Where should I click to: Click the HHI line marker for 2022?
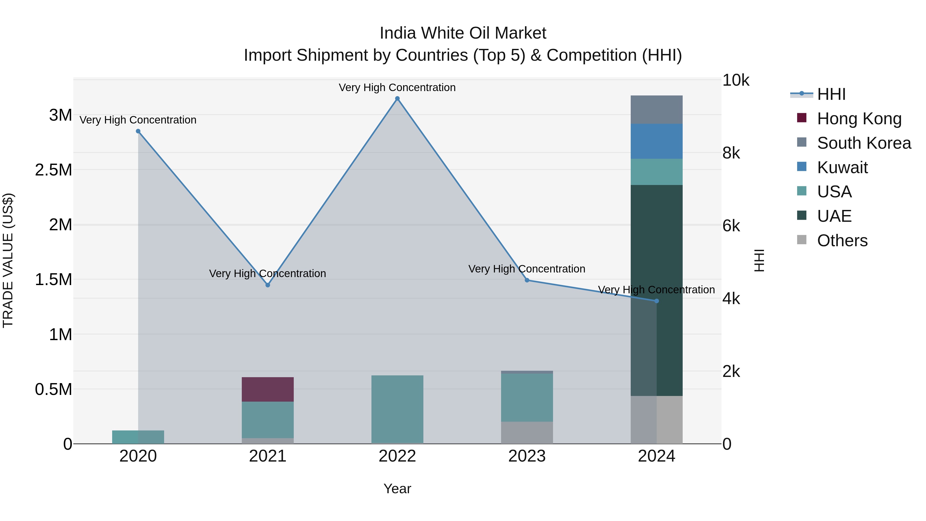397,99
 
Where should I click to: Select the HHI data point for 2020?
138,131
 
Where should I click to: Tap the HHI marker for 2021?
268,285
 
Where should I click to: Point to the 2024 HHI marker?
656,301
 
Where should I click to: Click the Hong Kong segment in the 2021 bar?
268,390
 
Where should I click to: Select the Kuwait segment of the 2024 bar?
656,141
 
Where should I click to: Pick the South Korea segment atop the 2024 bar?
656,110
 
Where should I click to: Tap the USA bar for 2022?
397,410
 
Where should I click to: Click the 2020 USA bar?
138,437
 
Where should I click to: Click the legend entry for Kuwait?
842,167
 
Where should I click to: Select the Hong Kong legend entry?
859,119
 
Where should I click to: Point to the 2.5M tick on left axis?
54,170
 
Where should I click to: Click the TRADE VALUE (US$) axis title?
8,261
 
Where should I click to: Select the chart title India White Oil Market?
463,33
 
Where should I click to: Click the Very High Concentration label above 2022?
397,87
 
